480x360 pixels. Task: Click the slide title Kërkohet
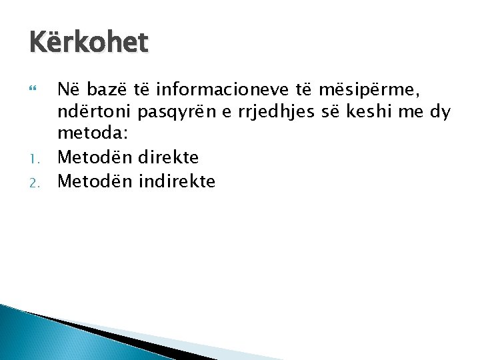(89, 43)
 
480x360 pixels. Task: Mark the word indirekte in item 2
(177, 181)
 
